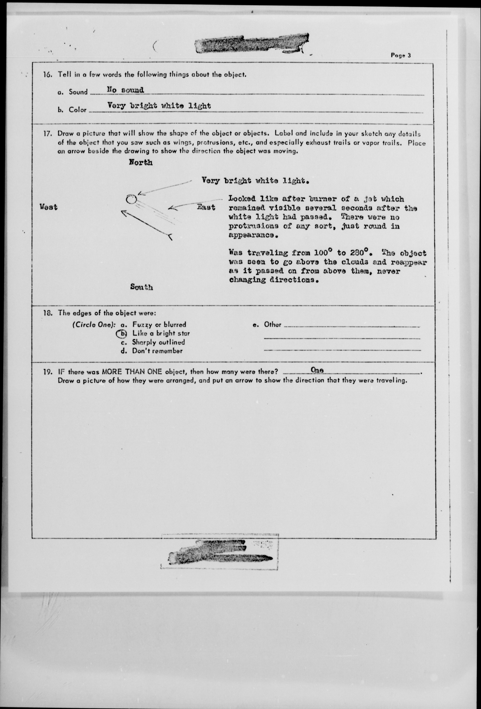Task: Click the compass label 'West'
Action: (49, 207)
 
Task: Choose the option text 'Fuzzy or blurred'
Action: (159, 325)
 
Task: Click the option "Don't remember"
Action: (157, 351)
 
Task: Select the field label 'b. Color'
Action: (72, 110)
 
